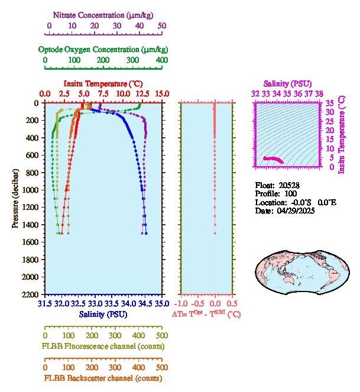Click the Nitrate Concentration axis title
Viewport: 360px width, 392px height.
point(104,14)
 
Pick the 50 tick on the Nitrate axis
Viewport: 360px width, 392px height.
point(162,25)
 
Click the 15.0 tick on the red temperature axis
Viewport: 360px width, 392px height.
point(162,93)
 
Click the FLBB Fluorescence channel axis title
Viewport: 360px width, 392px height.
point(103,346)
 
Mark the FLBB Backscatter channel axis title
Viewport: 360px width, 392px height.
point(103,378)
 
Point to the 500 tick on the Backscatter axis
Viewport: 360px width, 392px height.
point(162,367)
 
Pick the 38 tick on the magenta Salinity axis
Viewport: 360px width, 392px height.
point(319,93)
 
